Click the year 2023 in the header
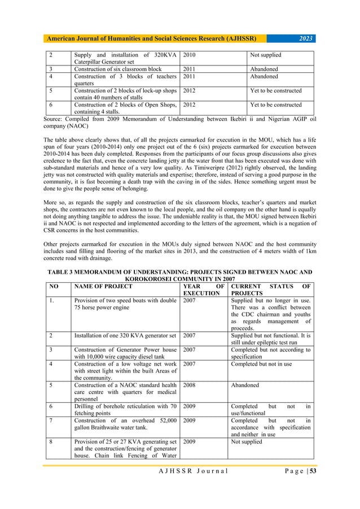coord(307,38)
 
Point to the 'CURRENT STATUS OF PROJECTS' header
coord(270,289)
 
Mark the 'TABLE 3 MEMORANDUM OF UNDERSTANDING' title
coord(179,274)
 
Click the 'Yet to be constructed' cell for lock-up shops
coord(275,90)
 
